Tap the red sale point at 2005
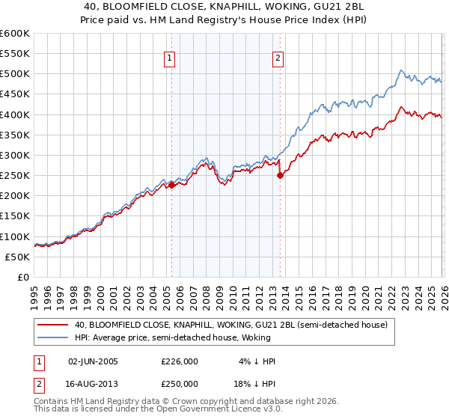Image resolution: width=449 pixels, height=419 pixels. (171, 186)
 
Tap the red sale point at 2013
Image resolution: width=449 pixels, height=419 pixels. (280, 176)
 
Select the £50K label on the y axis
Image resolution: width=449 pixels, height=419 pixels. (18, 257)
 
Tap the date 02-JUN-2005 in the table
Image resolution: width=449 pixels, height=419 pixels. (93, 361)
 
